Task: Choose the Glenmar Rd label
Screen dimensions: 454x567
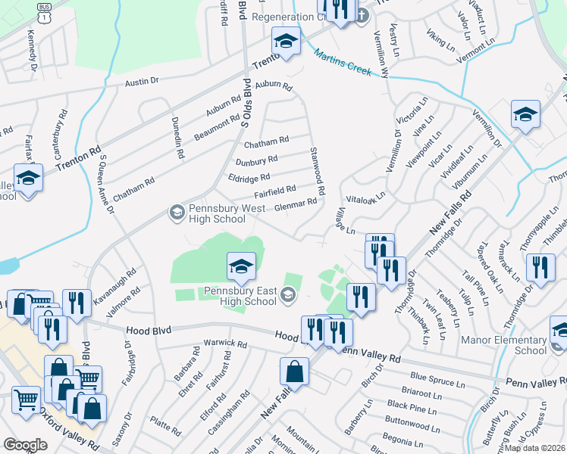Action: pos(295,204)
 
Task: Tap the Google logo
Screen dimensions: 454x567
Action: pos(25,445)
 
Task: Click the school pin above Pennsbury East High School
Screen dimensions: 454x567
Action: pos(241,266)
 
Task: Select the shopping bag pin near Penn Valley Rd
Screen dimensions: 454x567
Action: pos(294,372)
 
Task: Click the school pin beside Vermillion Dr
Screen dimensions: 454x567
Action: pos(525,115)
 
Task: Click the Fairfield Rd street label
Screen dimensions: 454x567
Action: pos(274,191)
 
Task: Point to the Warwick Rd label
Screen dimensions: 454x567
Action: pos(226,344)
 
